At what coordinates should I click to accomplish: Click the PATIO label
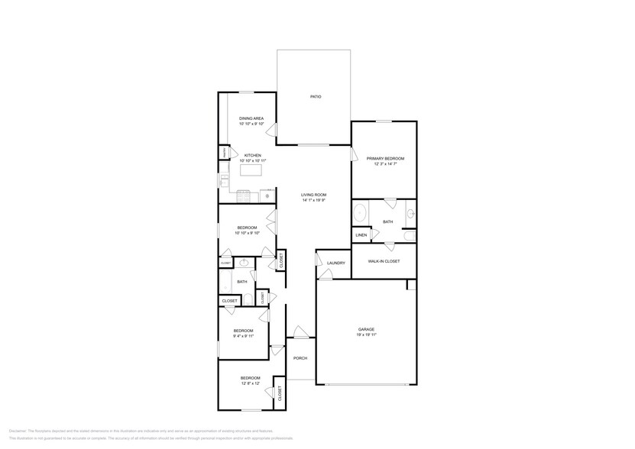coord(315,97)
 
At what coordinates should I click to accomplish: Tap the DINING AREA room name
coord(251,118)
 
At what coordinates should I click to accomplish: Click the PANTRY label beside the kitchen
coord(224,153)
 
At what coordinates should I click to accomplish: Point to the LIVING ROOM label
coord(313,195)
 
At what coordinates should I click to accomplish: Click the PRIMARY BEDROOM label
coord(384,158)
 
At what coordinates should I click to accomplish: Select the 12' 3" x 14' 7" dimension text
coord(384,164)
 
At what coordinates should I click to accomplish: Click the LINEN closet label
coord(361,234)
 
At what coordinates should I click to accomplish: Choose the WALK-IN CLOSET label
coord(384,261)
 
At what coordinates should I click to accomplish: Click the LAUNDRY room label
coord(335,263)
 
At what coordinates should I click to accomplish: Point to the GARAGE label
coord(366,329)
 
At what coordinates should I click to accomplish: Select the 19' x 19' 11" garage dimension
coord(366,335)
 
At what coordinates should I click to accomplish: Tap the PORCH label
coord(300,357)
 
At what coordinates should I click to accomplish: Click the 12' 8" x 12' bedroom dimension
coord(250,383)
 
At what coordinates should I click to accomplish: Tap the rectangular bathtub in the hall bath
coord(225,283)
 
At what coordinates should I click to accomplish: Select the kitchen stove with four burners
coord(243,194)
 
